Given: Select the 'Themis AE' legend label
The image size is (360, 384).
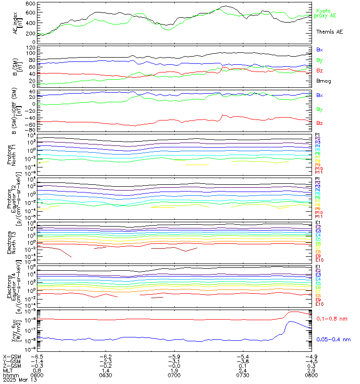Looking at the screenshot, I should pos(329,32).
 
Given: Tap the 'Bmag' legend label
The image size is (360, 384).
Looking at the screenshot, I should pos(324,81).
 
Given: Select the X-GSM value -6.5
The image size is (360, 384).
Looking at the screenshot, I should pos(37,357).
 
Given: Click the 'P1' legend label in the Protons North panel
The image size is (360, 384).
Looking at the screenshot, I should pos(317,135).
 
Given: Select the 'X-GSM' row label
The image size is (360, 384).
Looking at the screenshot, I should pos(11,357).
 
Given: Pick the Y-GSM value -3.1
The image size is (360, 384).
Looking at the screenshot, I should pos(174,361).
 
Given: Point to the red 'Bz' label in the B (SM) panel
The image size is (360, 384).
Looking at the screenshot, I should pos(319,71).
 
